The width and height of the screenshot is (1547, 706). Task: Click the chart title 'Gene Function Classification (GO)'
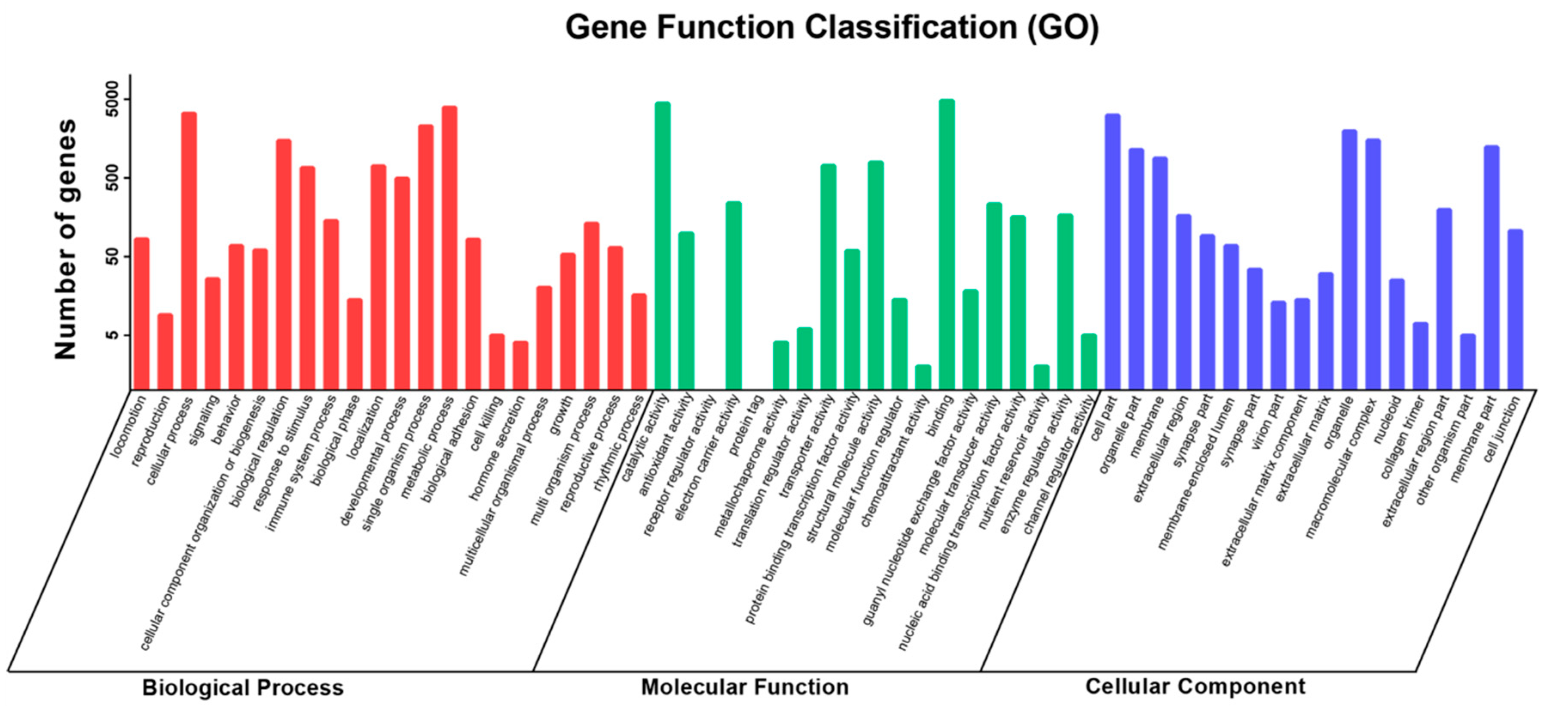coord(832,27)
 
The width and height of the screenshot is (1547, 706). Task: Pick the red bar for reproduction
coord(165,351)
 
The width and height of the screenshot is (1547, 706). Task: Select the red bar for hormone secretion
coord(521,365)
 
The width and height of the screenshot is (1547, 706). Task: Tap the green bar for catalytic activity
coord(662,246)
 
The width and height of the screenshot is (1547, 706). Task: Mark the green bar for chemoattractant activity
coord(923,377)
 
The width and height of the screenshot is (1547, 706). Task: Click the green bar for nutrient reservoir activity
coord(1041,377)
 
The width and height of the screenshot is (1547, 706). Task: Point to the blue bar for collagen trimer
coord(1420,356)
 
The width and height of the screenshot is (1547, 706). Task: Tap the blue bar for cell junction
coord(1515,309)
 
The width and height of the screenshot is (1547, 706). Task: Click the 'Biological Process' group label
coord(243,688)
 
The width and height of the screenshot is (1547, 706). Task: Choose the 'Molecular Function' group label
coord(745,687)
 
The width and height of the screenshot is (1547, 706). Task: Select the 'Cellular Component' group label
coord(1195,686)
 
